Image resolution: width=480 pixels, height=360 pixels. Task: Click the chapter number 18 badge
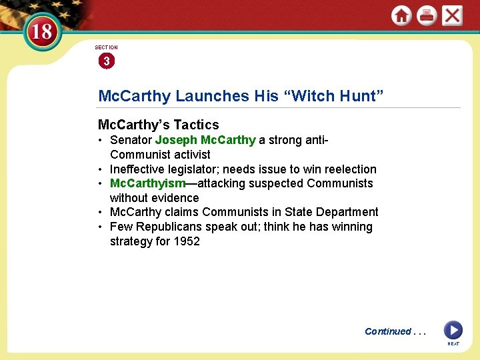(42, 31)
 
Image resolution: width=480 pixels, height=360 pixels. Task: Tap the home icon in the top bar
(401, 15)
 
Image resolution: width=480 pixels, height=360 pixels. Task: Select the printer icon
(427, 15)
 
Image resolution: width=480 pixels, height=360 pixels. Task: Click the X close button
(452, 15)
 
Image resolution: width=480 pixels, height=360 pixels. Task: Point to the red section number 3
(106, 61)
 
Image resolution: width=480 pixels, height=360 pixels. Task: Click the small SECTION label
(106, 47)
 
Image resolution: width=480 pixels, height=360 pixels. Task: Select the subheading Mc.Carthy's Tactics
(158, 125)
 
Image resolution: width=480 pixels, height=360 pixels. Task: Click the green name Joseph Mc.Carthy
(205, 140)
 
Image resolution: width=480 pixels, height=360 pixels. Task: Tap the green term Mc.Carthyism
(147, 183)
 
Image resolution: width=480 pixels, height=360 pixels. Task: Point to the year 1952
(187, 241)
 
